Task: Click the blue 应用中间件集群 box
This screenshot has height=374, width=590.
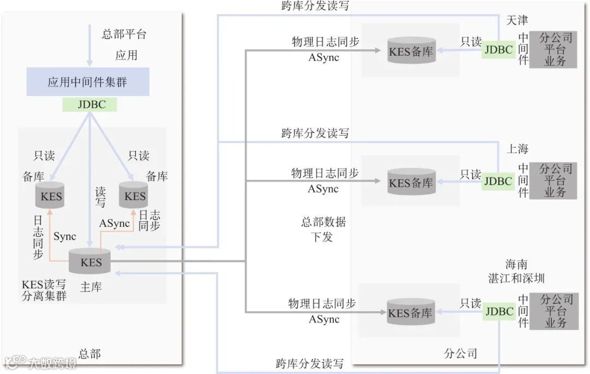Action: coord(87,82)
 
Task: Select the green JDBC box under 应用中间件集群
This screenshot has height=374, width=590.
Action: coord(90,104)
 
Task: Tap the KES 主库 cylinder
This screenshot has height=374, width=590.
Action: coord(90,262)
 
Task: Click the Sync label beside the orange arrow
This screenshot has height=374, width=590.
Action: coord(65,236)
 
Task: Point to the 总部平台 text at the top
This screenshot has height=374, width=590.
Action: coord(125,34)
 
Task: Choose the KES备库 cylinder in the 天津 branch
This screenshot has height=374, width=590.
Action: coord(411,51)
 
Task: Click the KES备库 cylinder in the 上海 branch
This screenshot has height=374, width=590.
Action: coord(411,182)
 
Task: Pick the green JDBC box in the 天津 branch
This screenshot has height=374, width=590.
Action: coord(498,50)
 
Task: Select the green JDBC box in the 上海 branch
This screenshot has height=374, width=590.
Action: coord(498,181)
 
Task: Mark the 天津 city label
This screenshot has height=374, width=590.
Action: coord(517,21)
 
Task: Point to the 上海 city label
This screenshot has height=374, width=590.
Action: coord(517,149)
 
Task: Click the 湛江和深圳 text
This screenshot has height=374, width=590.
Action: coord(516,278)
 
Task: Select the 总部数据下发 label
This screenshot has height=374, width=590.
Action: coord(323,230)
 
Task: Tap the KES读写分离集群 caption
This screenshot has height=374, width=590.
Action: coord(44,290)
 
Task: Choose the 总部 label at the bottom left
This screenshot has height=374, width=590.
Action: coord(90,354)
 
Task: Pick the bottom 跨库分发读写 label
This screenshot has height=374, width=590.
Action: coord(309,364)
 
